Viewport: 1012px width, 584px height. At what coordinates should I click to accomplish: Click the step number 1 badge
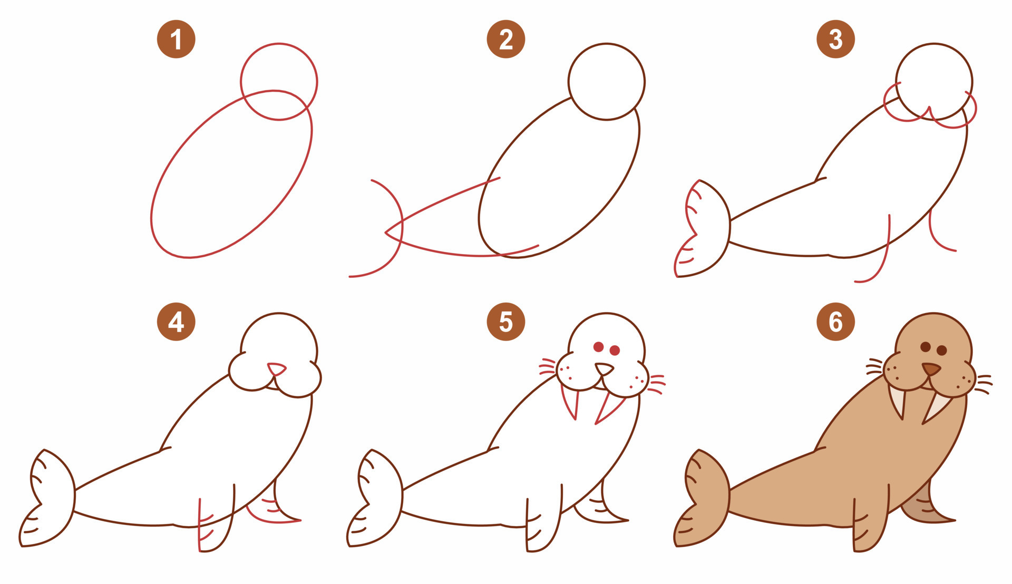176,39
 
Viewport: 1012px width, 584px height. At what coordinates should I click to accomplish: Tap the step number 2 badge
505,39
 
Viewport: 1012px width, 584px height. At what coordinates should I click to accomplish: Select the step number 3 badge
835,39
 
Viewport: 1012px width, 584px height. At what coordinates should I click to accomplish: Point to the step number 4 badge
176,322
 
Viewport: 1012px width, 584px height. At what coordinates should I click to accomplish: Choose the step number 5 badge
505,322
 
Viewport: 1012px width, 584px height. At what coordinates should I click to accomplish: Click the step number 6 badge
835,322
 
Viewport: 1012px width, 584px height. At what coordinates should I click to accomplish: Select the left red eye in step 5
598,347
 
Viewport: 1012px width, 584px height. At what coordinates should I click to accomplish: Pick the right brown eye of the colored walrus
942,351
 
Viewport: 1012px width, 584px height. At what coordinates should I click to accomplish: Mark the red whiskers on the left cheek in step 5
548,367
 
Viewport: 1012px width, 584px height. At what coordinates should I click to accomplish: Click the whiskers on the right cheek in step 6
984,384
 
